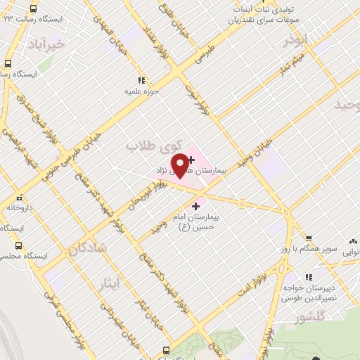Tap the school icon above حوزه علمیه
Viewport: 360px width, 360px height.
point(141,80)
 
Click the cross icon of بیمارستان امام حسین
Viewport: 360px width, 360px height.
point(195,205)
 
